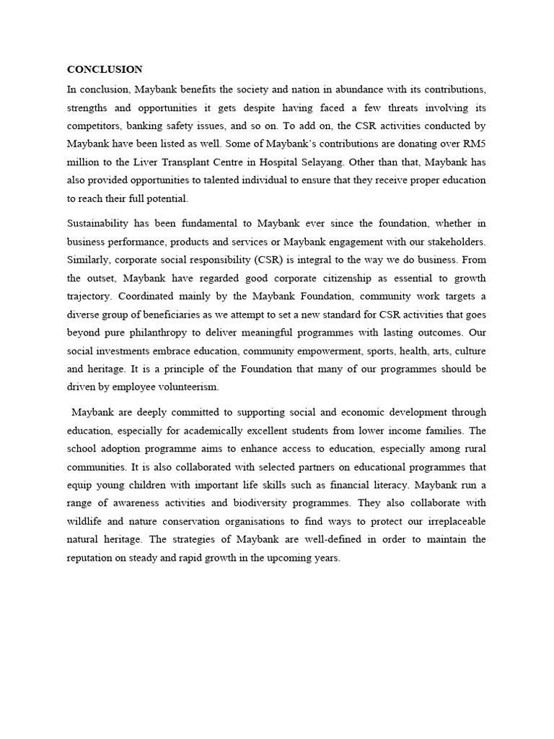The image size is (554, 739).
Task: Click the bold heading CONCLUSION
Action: click(x=105, y=69)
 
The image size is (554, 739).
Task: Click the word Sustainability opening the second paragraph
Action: click(x=101, y=223)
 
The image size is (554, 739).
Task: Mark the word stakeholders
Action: click(x=452, y=241)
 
